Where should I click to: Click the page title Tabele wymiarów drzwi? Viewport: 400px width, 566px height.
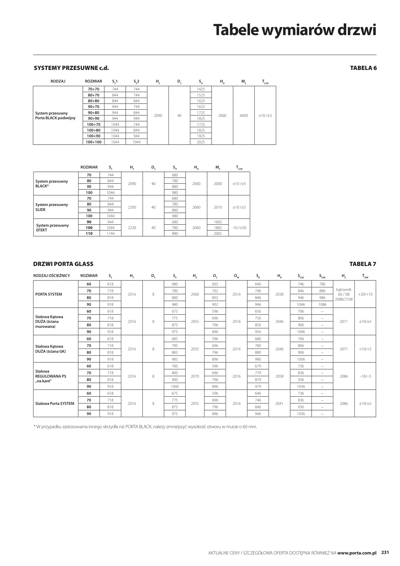point(294,30)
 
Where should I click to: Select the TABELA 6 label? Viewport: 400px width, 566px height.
point(363,68)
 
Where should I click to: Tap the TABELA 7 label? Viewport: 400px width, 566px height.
point(363,264)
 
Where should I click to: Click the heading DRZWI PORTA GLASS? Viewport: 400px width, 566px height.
point(63,264)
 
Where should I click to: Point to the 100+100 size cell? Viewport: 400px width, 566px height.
point(94,142)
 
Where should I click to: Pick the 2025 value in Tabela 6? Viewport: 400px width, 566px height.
point(201,142)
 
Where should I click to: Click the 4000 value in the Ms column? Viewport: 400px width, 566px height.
point(244,116)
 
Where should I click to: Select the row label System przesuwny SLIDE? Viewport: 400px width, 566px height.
point(52,207)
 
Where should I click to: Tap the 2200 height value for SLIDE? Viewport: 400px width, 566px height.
point(132,207)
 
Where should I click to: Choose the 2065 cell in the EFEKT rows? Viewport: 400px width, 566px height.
point(218,233)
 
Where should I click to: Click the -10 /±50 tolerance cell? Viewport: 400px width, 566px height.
point(239,228)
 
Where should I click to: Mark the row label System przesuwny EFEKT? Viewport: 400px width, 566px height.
point(52,228)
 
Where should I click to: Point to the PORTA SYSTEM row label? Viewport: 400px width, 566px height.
point(49,294)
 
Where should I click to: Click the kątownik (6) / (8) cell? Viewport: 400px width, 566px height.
point(344,294)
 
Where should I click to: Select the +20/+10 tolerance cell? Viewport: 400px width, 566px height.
point(365,294)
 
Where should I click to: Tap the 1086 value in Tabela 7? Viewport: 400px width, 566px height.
point(322,304)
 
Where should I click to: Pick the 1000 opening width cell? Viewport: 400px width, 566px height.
point(175,387)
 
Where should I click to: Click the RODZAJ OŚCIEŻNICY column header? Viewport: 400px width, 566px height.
point(52,276)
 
